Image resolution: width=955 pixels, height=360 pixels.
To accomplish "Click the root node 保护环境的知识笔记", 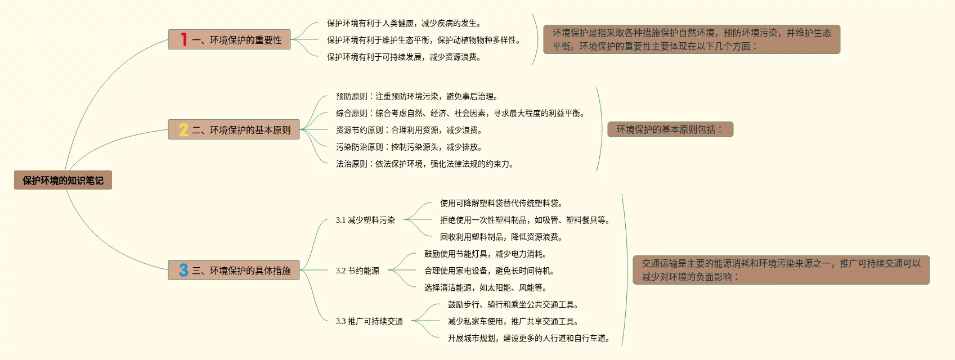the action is tap(63, 181).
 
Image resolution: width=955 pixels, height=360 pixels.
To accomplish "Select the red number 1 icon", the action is tap(183, 39).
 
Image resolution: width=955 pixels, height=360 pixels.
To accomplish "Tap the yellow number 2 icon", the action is tap(183, 130).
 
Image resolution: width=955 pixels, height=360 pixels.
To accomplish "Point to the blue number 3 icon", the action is tap(183, 271).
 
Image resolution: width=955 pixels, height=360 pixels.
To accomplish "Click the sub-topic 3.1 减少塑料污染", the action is tap(365, 220).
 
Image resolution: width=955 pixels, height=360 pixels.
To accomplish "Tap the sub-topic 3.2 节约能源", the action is tap(357, 271).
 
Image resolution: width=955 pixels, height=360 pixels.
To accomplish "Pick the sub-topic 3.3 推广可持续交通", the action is tap(369, 321).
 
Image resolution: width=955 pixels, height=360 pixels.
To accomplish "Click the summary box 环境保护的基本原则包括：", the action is tap(670, 129).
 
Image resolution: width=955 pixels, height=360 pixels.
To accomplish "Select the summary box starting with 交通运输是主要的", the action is tap(781, 270).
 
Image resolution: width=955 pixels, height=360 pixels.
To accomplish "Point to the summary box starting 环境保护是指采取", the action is tap(691, 39).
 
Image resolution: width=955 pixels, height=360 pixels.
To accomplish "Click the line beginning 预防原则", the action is tap(417, 96).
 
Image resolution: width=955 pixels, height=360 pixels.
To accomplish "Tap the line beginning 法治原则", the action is tap(425, 164).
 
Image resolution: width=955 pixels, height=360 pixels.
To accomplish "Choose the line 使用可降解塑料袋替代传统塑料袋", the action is tap(501, 203).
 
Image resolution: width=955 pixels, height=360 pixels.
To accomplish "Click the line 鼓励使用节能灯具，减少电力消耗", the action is tap(486, 254).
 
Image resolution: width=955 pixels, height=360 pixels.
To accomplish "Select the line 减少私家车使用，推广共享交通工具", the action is tap(513, 321).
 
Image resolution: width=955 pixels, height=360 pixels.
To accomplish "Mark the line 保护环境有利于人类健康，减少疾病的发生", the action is tap(404, 23).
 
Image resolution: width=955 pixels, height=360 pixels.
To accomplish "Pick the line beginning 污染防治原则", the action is tap(409, 147).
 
